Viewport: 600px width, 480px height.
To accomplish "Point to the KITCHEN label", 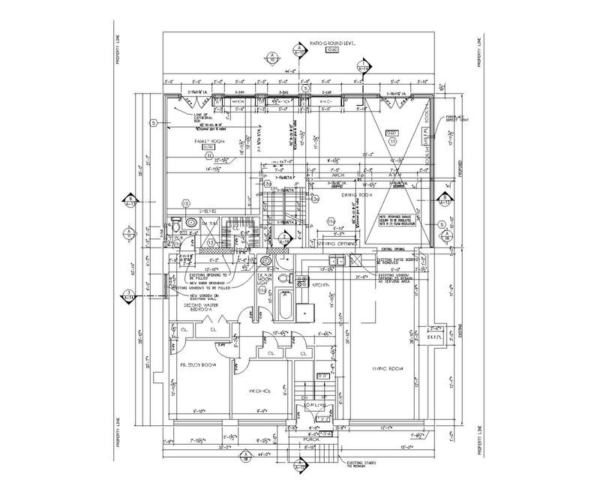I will [322, 286].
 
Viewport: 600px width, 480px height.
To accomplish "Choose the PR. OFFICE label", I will [259, 391].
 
